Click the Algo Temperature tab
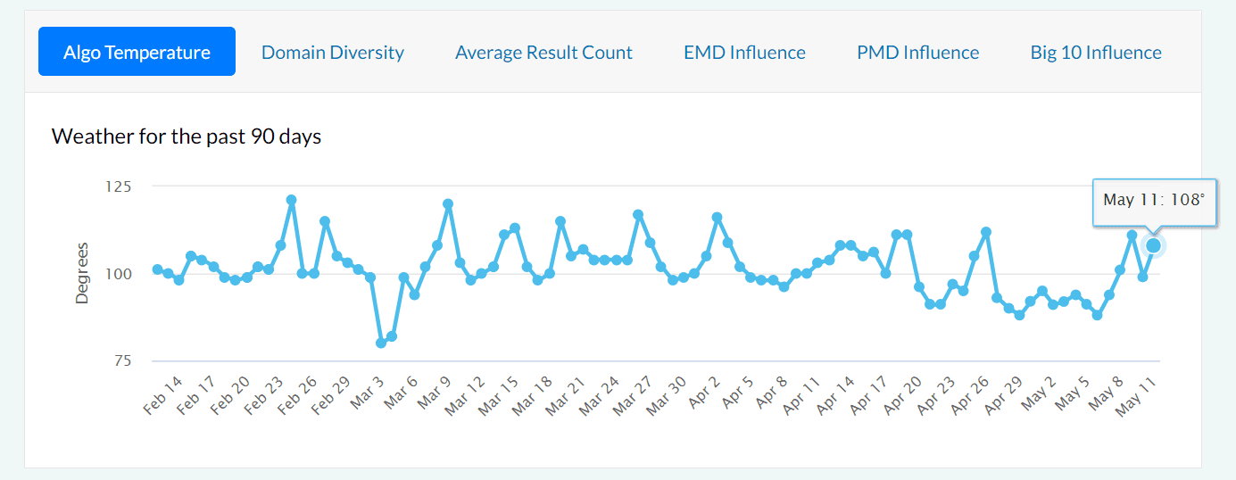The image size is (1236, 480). point(137,52)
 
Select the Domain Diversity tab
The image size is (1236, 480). point(332,53)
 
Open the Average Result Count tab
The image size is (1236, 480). point(543,53)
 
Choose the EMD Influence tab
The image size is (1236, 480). point(744,53)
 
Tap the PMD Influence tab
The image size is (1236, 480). point(917,53)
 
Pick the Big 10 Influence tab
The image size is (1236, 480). point(1096,53)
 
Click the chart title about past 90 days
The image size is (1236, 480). point(187,137)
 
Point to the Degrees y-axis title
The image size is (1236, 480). point(82,273)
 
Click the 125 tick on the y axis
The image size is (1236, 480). point(117,186)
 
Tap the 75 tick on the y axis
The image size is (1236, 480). point(121,360)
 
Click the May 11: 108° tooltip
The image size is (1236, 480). point(1154,199)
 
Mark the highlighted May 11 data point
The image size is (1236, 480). point(1153,245)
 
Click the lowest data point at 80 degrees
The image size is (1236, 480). point(381,343)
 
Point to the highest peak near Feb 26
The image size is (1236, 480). point(291,200)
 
